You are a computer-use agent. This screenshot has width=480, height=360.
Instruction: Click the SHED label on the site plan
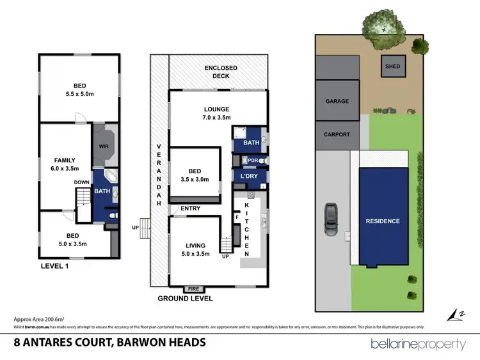click(x=392, y=65)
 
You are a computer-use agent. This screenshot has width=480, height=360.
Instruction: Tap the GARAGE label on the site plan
click(x=337, y=101)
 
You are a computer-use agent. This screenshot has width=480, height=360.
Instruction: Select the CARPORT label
click(x=337, y=135)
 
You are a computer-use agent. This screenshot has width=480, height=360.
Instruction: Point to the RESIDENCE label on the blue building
click(x=383, y=221)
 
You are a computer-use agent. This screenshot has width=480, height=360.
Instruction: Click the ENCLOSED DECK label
click(x=221, y=72)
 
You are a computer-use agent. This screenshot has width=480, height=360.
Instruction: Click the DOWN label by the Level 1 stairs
click(x=82, y=182)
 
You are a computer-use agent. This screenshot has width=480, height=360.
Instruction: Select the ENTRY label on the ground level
click(x=191, y=208)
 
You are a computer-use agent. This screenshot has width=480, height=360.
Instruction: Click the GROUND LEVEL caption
click(x=186, y=299)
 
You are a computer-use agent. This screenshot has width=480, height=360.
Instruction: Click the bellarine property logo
click(x=419, y=344)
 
